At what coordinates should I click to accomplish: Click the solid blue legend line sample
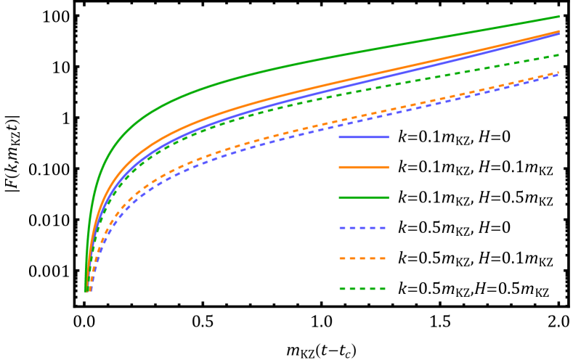tap(363, 137)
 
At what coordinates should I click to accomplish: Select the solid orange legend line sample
tap(363, 167)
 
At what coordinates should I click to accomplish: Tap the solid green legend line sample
tap(363, 197)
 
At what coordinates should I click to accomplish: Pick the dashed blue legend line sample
tap(362, 228)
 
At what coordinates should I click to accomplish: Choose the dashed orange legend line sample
tap(362, 258)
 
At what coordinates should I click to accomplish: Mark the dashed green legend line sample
tap(362, 289)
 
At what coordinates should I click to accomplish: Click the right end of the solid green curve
tap(558, 17)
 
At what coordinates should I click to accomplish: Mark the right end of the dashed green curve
tap(558, 54)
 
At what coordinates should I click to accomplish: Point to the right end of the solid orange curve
tap(558, 31)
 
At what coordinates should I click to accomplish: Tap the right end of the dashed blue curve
tap(558, 75)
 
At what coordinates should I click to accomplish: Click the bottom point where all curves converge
tap(86, 290)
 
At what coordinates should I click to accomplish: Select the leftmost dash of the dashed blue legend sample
tap(344, 228)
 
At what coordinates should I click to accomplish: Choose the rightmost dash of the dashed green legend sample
tap(381, 289)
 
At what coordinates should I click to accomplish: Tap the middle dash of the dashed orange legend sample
tap(362, 258)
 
